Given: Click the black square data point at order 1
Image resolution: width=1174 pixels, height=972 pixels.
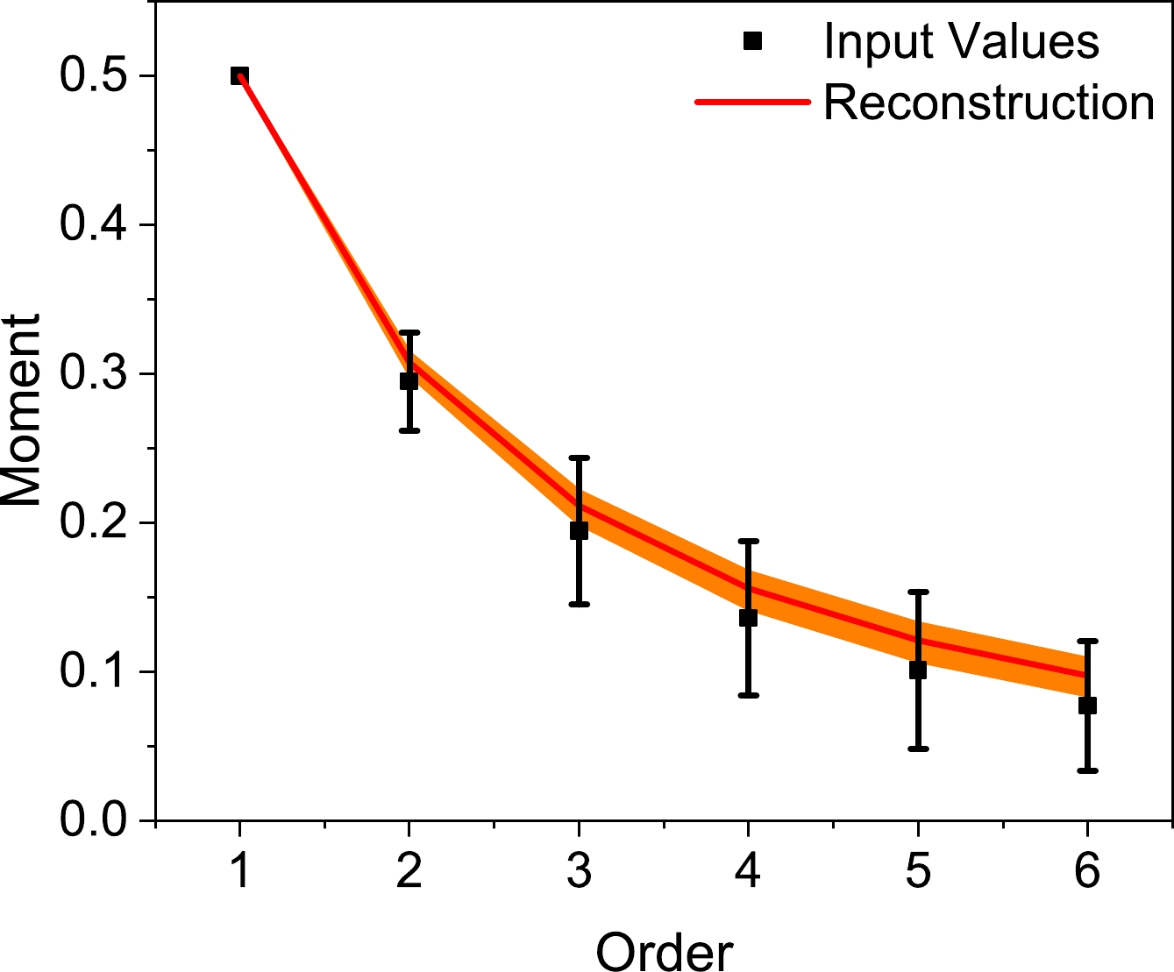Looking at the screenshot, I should [239, 76].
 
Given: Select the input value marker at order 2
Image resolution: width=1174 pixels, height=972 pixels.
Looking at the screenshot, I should [409, 381].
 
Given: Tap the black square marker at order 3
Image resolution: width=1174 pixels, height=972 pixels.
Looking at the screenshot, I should [579, 530].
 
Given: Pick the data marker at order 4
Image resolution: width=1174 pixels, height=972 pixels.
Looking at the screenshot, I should [748, 618].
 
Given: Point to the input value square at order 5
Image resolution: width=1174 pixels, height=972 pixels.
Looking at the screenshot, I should [918, 670].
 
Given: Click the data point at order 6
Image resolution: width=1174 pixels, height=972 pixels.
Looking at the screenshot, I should [1087, 706].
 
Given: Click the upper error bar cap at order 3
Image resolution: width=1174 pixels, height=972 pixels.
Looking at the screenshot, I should [579, 458].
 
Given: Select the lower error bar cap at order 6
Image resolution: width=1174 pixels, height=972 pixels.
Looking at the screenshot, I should [1087, 770].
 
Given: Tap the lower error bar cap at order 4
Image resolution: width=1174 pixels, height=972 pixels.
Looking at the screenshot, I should [748, 695].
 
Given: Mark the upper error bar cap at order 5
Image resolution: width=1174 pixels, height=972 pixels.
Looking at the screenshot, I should [918, 592].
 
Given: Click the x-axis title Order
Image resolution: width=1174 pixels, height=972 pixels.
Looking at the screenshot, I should [664, 950].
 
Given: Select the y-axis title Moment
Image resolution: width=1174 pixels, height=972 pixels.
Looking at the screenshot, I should [22, 410].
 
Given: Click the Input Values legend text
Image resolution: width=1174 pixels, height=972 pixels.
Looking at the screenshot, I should [961, 41].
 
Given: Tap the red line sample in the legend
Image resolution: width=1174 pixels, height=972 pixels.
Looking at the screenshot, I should [751, 103].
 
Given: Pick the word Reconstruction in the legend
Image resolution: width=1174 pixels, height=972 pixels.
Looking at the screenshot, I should [989, 103].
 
